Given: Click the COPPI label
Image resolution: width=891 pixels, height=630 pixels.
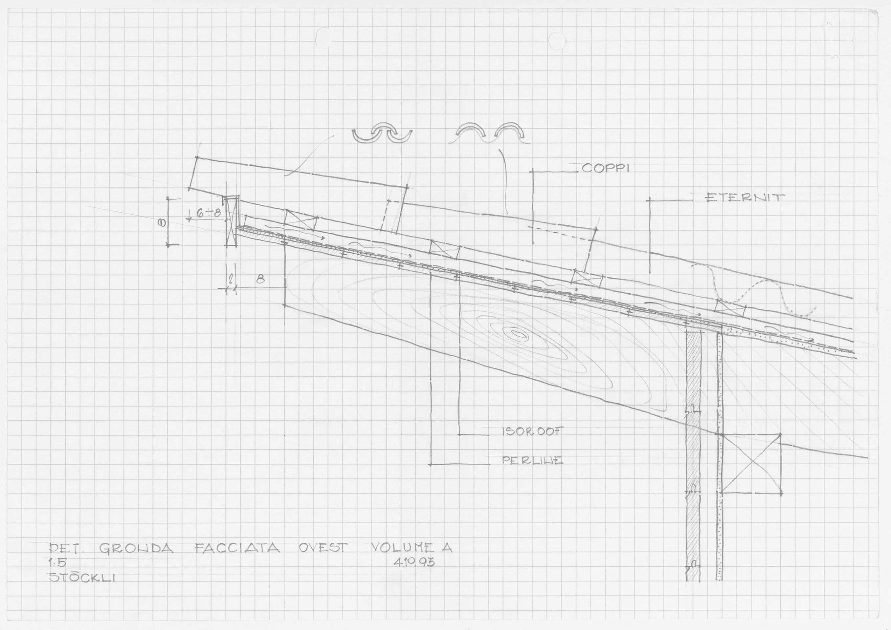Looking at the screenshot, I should (x=605, y=169).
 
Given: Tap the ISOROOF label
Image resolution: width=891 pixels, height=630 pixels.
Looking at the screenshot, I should (x=532, y=432).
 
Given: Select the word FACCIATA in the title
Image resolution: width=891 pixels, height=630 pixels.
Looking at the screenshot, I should (x=237, y=548).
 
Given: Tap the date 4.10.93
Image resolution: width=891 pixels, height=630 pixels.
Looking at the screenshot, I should (x=414, y=562).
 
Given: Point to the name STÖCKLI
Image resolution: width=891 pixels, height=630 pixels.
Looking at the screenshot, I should (x=83, y=577).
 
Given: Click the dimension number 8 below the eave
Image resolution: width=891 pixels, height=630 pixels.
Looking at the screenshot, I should (x=260, y=279).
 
